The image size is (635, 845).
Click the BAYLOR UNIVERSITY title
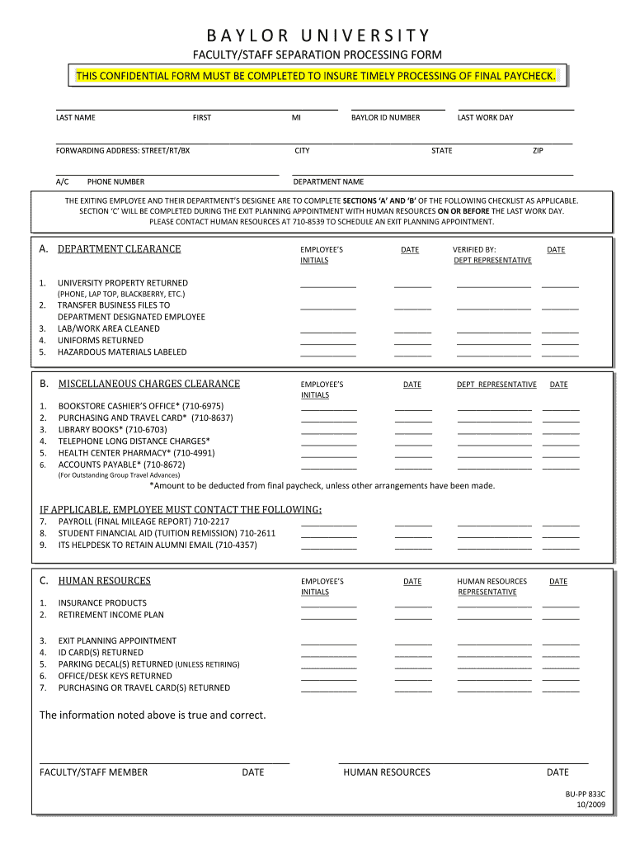(x=317, y=35)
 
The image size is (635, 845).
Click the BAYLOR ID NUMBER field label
(x=385, y=117)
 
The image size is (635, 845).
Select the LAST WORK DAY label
(x=485, y=117)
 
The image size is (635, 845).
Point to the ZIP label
(x=538, y=150)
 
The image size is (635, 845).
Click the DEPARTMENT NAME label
(x=328, y=182)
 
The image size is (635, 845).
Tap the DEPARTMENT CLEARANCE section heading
(x=119, y=249)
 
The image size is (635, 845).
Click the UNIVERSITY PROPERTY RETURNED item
(x=123, y=283)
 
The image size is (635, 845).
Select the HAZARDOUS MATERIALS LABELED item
(x=122, y=352)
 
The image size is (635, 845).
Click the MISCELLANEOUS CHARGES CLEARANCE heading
(x=149, y=384)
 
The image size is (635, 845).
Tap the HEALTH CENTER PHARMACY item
(x=136, y=453)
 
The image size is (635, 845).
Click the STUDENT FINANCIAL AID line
(x=167, y=533)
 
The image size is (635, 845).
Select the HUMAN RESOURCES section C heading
(x=105, y=581)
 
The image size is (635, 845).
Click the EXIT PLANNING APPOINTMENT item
(x=117, y=641)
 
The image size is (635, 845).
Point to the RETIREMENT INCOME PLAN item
(x=111, y=615)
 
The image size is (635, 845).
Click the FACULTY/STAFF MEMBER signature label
(x=93, y=772)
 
